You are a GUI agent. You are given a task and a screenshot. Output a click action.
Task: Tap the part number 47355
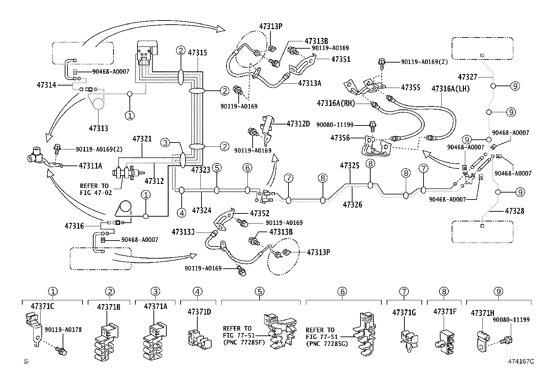pos(411,87)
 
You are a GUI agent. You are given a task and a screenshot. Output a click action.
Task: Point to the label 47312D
pos(298,124)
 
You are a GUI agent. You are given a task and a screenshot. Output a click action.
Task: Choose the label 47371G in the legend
pos(404,312)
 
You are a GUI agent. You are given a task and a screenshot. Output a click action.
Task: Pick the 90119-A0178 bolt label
pos(63,330)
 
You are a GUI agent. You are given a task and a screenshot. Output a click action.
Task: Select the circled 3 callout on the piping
pos(166,143)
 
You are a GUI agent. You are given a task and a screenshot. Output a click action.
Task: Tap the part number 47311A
pos(90,166)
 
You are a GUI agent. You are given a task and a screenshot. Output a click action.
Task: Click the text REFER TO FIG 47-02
pos(94,189)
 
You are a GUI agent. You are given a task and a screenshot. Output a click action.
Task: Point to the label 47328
pos(514,211)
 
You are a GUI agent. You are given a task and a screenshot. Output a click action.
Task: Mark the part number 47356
pos(340,138)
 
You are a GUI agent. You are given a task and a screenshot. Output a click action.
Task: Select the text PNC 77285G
pos(327,344)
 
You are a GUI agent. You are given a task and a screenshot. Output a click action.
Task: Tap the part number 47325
pos(349,166)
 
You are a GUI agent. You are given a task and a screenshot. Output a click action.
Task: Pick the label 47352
pos(259,213)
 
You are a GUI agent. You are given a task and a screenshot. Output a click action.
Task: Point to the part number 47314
pos(46,84)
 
